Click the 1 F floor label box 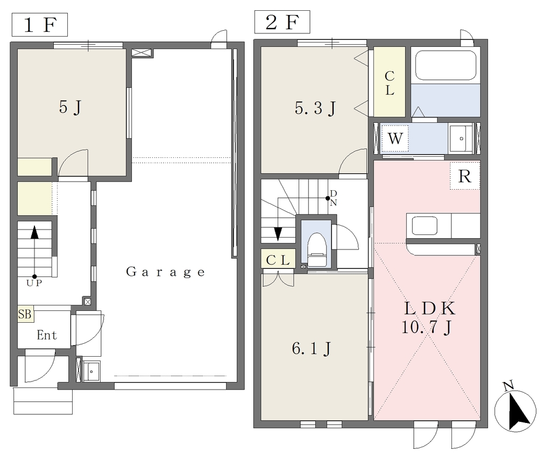click(40, 25)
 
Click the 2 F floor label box click(282, 22)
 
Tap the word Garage click(165, 272)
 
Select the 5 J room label click(70, 107)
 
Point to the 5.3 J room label click(315, 108)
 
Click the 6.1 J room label click(312, 349)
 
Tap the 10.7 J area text click(426, 328)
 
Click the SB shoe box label click(25, 314)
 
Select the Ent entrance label click(47, 335)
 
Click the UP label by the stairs click(34, 283)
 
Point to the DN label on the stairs click(334, 198)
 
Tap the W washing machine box click(394, 138)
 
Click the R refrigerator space click(465, 176)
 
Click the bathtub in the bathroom click(446, 66)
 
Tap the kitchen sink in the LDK click(425, 225)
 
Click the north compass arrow click(518, 409)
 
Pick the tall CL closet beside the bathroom click(390, 82)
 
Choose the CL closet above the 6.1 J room click(278, 260)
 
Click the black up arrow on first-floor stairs click(34, 233)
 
